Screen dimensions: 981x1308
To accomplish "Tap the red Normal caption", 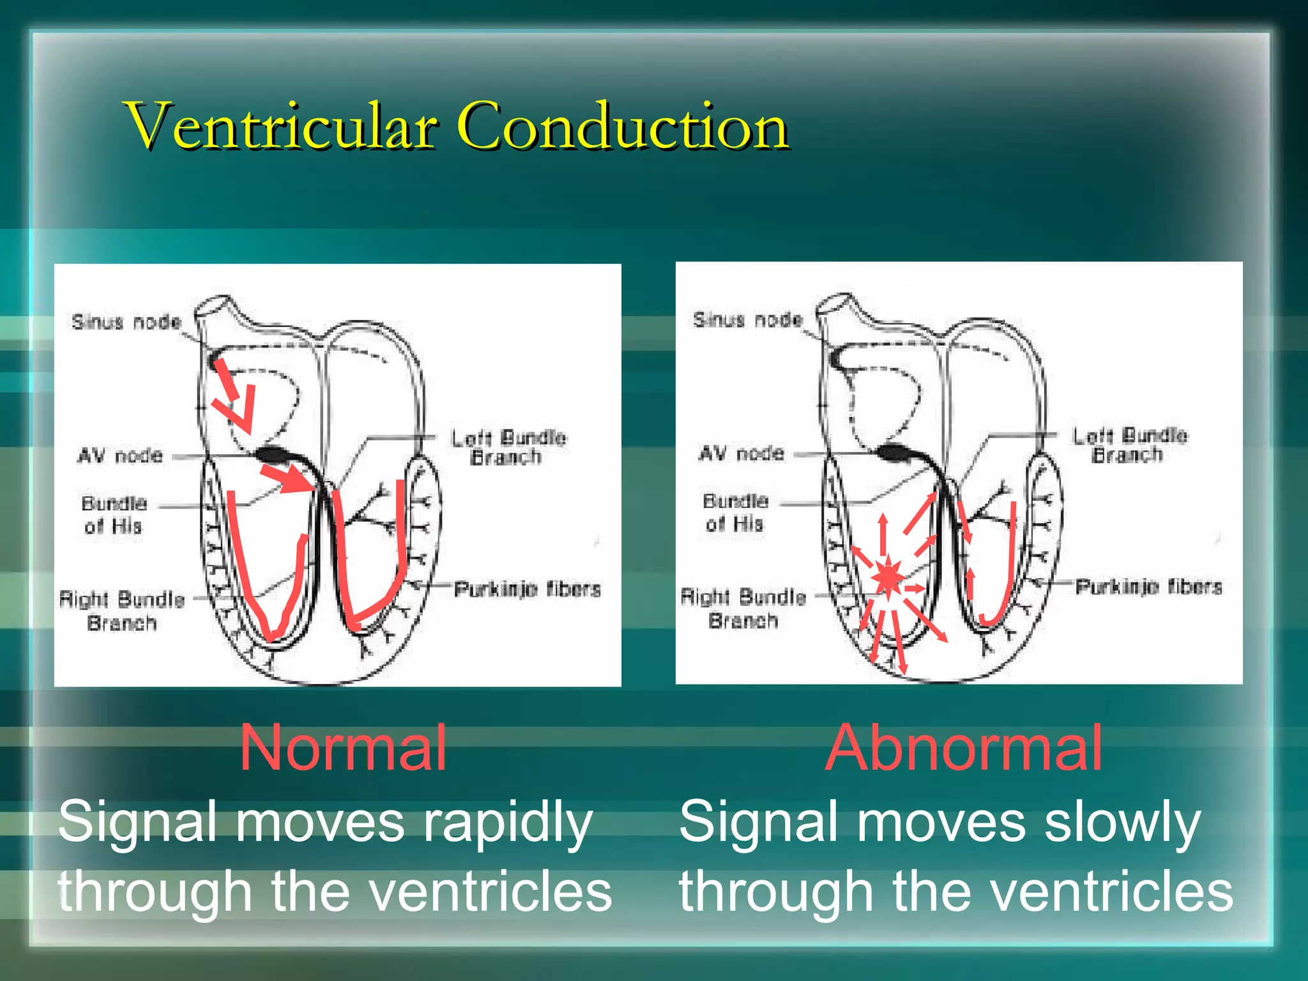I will (x=343, y=748).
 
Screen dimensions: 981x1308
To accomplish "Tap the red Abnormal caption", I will (x=964, y=748).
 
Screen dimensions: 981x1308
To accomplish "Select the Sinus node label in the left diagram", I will (x=126, y=322).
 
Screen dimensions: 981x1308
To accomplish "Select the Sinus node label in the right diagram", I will (x=748, y=319).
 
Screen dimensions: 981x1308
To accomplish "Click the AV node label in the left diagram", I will (x=121, y=456).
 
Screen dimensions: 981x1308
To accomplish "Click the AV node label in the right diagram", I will (x=741, y=453).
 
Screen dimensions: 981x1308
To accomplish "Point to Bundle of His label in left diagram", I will (x=114, y=515).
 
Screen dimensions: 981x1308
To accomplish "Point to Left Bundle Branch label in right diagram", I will (x=1129, y=445).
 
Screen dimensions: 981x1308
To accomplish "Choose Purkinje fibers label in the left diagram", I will (x=528, y=589).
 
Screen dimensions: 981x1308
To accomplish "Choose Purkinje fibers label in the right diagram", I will (x=1148, y=586).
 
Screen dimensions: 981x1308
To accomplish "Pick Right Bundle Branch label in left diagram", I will (x=121, y=611).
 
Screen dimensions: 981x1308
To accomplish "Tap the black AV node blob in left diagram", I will (x=273, y=455).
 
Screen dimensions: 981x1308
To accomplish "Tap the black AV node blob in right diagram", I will (x=894, y=453).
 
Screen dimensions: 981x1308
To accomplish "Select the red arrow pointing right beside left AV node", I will (x=287, y=477).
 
